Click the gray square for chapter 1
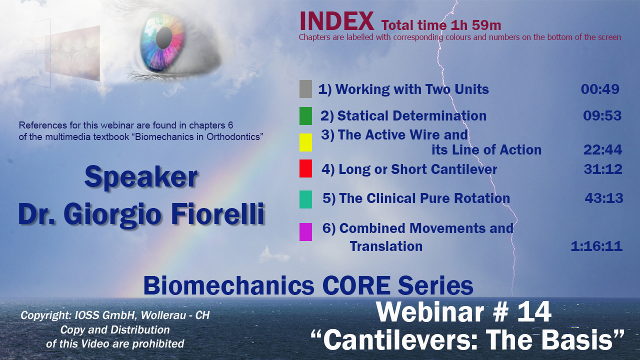[x=305, y=89]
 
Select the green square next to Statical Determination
[x=305, y=116]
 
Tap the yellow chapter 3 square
[x=305, y=142]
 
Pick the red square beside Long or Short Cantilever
[x=305, y=168]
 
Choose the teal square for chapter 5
[x=305, y=199]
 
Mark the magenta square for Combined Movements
[x=305, y=232]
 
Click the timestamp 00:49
[x=600, y=89]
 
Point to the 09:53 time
[x=602, y=115]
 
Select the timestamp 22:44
[x=602, y=149]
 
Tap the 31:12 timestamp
[x=603, y=169]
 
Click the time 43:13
[x=603, y=198]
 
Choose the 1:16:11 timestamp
[x=596, y=246]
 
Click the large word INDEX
[x=336, y=21]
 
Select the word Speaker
[x=141, y=177]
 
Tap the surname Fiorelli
[x=217, y=214]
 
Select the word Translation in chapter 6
[x=386, y=246]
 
